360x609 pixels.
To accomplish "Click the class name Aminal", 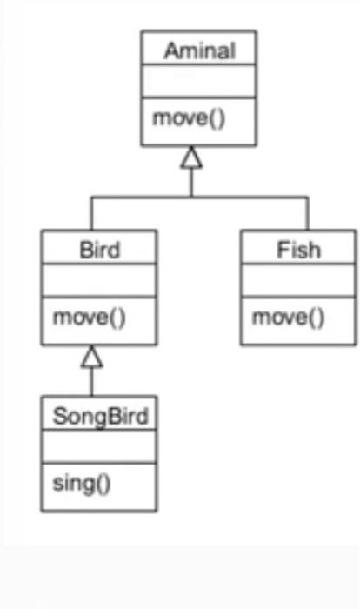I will point(199,50).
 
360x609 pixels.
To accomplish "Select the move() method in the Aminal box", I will point(189,117).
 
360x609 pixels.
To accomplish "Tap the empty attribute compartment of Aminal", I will point(199,84).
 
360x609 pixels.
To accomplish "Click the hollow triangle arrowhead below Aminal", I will point(192,157).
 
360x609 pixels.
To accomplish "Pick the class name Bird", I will point(99,251).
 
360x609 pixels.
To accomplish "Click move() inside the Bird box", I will point(89,317).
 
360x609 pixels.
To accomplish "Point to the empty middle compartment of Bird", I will point(99,283).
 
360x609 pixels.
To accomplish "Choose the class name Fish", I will point(298,251).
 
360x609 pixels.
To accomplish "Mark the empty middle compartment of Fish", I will point(298,283).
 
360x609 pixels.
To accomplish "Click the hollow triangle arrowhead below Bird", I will point(92,356).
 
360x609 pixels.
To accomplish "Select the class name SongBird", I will point(100,416).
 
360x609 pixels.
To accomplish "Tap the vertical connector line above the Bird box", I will point(92,214).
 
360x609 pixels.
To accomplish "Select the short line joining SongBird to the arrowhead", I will point(92,381).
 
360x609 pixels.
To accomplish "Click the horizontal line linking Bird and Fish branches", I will point(243,197).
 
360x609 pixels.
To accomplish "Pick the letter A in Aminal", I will point(170,50).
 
